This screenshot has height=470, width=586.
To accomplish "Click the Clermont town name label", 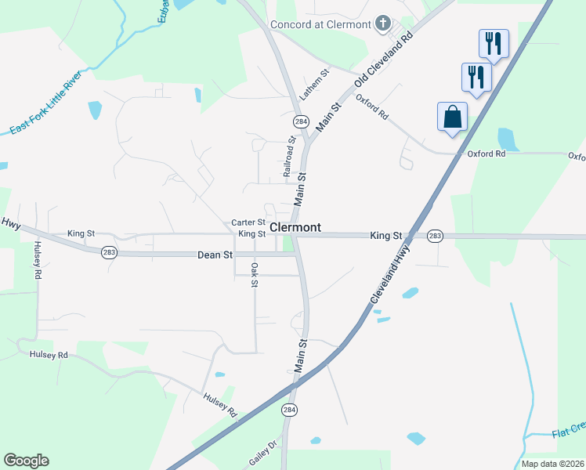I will [295, 227].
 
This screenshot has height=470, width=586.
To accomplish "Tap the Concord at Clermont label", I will [320, 24].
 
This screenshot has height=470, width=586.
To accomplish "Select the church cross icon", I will [383, 23].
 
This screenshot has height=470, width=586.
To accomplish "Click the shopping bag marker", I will [452, 117].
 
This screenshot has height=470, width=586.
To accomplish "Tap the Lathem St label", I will [314, 84].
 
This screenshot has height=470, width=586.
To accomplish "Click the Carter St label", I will [248, 222].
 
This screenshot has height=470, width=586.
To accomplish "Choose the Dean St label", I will [215, 255].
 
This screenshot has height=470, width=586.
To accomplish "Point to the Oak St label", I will [255, 275].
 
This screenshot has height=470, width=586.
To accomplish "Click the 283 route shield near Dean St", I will [109, 251].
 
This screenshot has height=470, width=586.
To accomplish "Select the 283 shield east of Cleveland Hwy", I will [435, 236].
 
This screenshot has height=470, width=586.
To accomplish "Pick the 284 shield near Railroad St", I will [301, 122].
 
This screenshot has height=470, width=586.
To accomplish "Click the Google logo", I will [26, 461].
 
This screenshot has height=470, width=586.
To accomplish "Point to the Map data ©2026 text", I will [552, 464].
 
